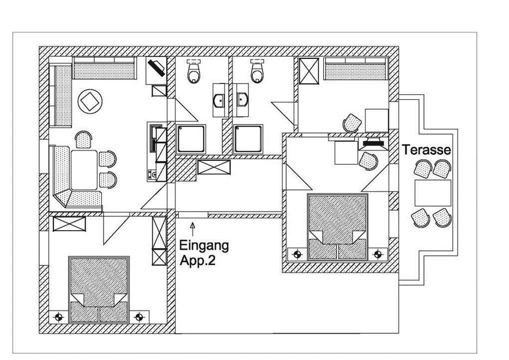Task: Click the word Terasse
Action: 427,151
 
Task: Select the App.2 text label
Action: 197,260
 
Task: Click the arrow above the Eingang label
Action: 194,225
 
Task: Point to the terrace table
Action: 433,193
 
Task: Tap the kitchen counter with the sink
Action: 156,151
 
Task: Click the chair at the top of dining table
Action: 84,140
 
